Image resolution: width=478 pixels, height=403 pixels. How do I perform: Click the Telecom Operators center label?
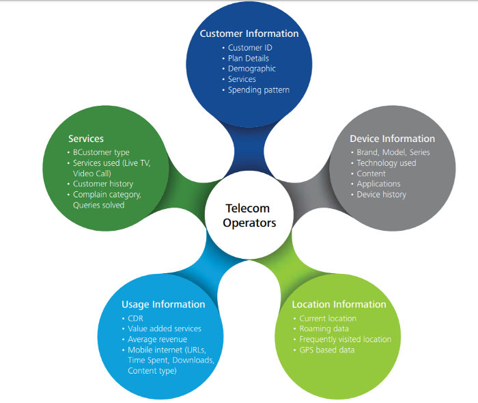tap(248, 215)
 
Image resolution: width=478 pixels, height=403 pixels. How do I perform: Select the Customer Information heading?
tap(249, 33)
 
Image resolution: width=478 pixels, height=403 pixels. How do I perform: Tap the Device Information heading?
tap(392, 139)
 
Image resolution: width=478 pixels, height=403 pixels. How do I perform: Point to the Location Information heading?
tap(339, 305)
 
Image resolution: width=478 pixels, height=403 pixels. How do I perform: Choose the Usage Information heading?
tap(163, 305)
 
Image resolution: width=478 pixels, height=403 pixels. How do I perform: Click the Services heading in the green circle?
tap(86, 139)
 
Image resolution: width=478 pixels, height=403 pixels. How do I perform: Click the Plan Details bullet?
tap(249, 59)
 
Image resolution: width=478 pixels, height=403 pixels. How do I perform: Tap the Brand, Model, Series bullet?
tap(393, 152)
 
